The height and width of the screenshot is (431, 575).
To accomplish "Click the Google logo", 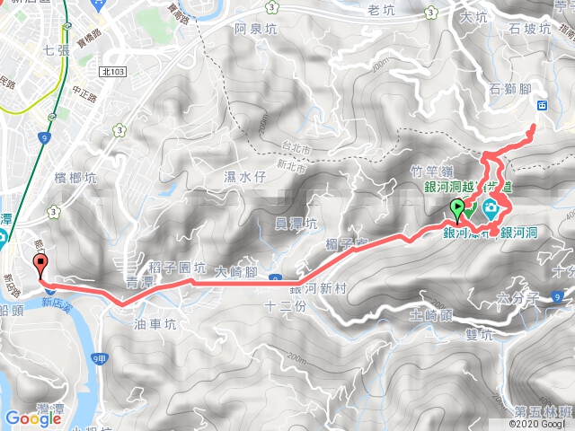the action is point(33,418).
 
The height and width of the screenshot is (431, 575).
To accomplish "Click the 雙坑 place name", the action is point(481,336).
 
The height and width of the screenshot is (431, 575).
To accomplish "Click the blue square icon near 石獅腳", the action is point(543,105).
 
